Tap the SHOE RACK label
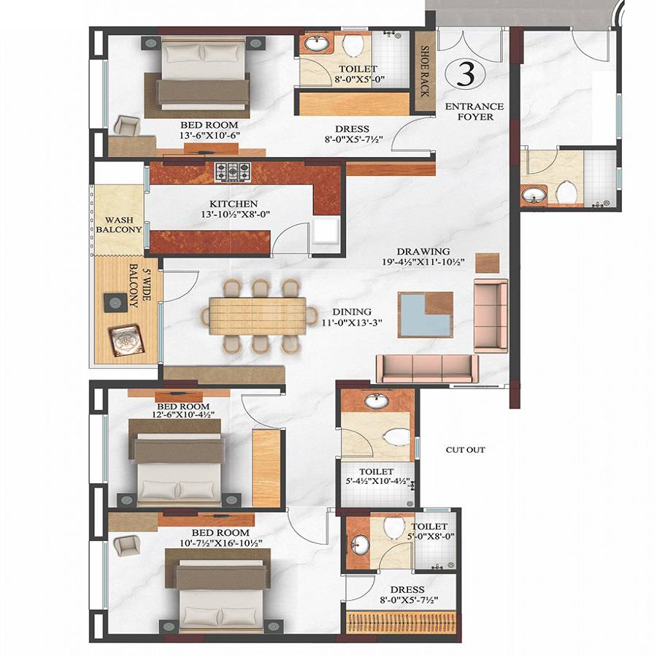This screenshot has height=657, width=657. [x=425, y=71]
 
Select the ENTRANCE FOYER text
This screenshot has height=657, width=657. [x=474, y=111]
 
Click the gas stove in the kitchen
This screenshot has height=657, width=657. [x=231, y=172]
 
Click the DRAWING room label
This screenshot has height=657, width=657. [x=423, y=251]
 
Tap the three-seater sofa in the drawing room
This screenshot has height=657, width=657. [x=427, y=368]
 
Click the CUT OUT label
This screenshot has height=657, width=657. [x=465, y=450]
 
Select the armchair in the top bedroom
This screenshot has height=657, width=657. [x=126, y=126]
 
